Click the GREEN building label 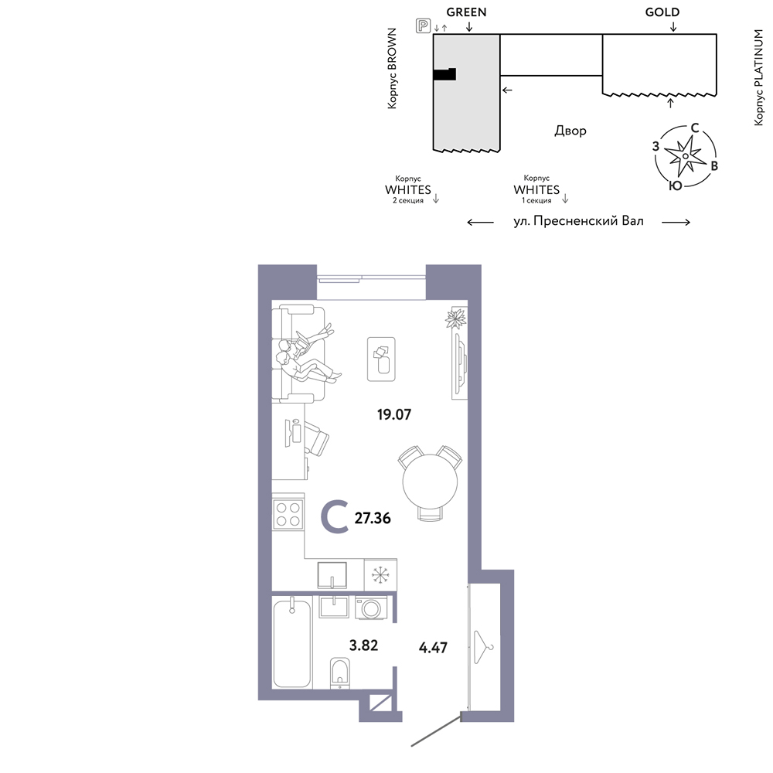point(466,12)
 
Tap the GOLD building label point(662,12)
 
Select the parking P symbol point(423,26)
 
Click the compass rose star point(685,156)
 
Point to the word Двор point(570,131)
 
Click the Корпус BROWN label point(392,69)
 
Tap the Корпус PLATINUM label point(758,77)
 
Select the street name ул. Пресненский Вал point(578,221)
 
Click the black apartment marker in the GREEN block point(444,74)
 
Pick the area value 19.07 point(394,414)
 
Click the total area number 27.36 point(373,518)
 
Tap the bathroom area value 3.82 point(363,645)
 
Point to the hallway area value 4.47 point(433,647)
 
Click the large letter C point(335,517)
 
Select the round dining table point(430,482)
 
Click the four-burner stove point(288,514)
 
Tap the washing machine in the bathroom point(371,608)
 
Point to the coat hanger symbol point(483,647)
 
